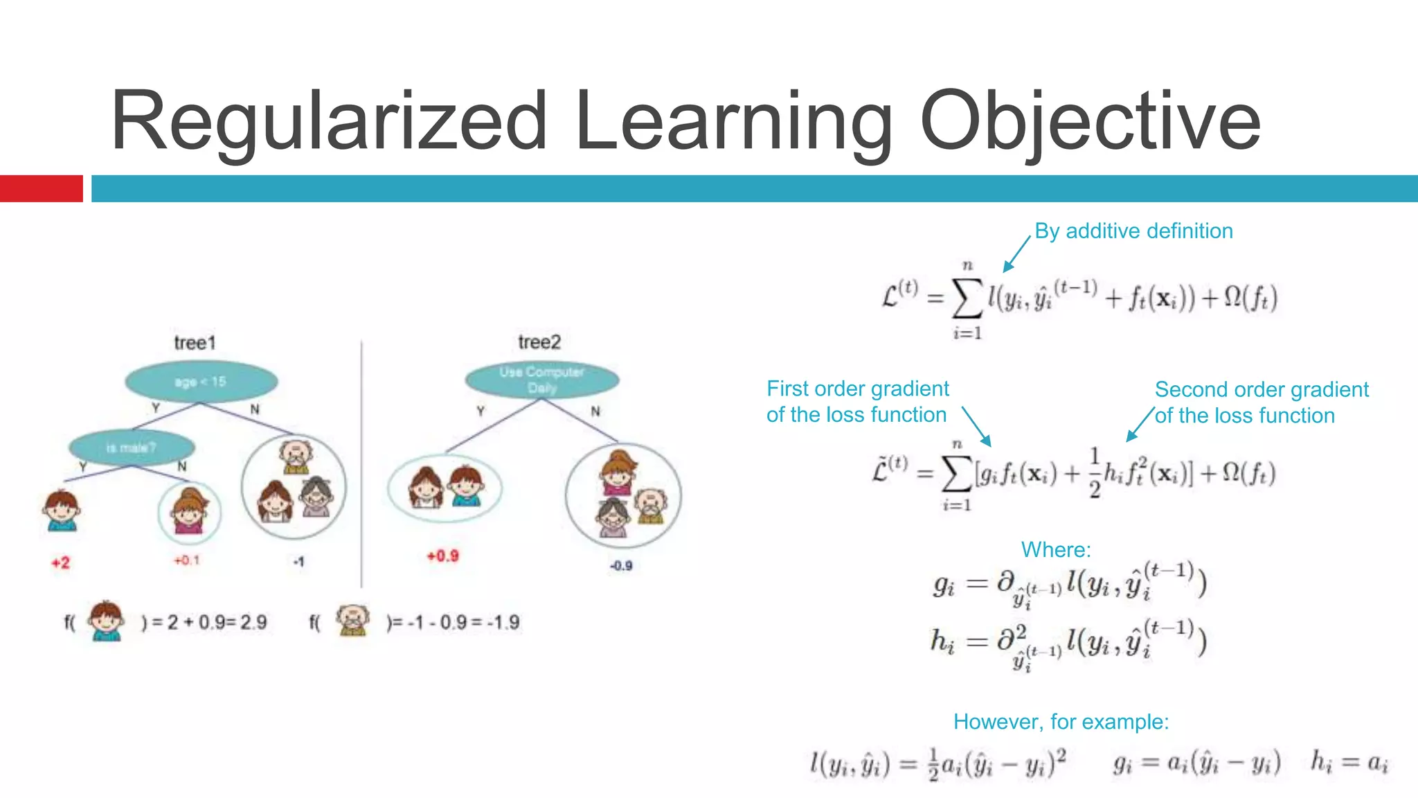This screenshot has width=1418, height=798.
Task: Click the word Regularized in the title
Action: (330, 121)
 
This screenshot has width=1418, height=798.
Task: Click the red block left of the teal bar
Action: (41, 188)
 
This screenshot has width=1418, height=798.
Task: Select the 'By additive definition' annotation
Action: (1133, 231)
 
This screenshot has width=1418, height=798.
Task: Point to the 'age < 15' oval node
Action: (201, 382)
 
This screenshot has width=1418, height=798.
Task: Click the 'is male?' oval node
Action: (132, 447)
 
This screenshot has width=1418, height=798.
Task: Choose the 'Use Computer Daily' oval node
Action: (542, 380)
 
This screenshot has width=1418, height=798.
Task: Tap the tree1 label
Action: (195, 343)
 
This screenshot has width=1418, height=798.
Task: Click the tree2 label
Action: (539, 342)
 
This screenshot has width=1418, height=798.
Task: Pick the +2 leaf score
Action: (61, 562)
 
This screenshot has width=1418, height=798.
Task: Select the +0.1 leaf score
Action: (187, 560)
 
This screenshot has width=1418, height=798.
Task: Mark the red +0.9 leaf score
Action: (442, 556)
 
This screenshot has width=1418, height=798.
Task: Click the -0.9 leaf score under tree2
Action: (621, 565)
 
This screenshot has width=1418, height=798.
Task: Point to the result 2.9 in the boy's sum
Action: (253, 622)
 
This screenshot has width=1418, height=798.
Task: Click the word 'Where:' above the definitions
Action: (1056, 550)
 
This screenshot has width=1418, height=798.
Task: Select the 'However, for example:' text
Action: (1061, 722)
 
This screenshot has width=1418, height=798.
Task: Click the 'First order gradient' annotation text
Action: (858, 389)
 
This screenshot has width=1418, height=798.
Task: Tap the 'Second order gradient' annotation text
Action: (1262, 390)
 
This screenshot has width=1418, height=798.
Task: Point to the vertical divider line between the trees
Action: (361, 464)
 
